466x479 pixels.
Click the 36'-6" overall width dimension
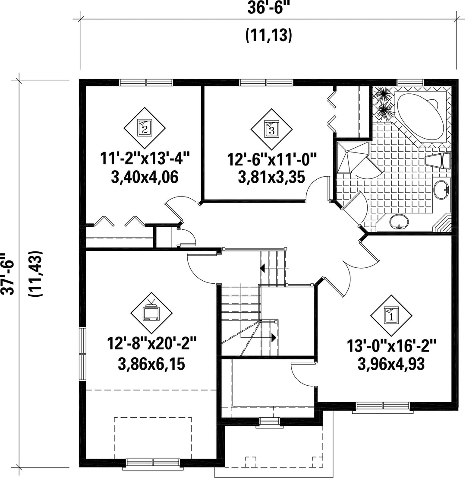coord(268,7)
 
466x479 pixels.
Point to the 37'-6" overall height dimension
coord(7,273)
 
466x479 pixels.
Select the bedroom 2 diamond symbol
coord(145,127)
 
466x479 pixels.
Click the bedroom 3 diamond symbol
coord(271,129)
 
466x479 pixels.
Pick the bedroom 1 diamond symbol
coord(391,316)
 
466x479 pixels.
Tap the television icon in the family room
coord(151,312)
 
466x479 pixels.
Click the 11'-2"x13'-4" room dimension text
coord(145,159)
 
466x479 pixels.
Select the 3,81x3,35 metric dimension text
coord(271,177)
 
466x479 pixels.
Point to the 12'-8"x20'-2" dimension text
coord(152,344)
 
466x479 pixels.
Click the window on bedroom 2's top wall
coord(146,82)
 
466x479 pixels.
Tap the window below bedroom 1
coord(383,406)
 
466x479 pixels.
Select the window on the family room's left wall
coord(82,354)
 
